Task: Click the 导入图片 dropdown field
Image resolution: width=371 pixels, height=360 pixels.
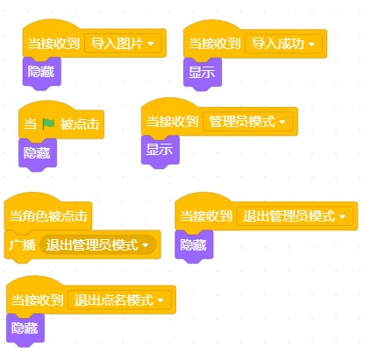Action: pyautogui.click(x=123, y=44)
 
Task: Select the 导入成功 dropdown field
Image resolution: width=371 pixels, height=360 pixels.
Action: pyautogui.click(x=283, y=44)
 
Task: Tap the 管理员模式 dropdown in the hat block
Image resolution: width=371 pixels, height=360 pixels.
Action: pyautogui.click(x=247, y=122)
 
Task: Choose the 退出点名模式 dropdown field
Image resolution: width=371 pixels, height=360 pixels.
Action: pyautogui.click(x=119, y=300)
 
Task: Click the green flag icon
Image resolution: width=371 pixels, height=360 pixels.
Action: pyautogui.click(x=48, y=124)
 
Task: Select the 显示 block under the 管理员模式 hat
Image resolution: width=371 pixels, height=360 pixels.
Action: pyautogui.click(x=160, y=151)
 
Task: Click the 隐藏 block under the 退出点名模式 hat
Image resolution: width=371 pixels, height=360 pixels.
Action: pyautogui.click(x=25, y=329)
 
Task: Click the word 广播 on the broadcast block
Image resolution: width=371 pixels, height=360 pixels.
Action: pyautogui.click(x=22, y=244)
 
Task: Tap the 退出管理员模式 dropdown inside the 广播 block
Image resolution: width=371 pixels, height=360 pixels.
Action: pyautogui.click(x=97, y=244)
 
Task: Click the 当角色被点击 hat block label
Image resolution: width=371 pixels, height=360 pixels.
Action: pyautogui.click(x=48, y=216)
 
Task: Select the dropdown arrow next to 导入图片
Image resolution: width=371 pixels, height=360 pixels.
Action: pyautogui.click(x=151, y=44)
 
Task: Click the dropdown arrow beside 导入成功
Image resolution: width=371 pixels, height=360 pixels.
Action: pyautogui.click(x=311, y=44)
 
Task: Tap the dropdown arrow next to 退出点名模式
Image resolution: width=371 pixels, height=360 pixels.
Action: pyautogui.click(x=161, y=300)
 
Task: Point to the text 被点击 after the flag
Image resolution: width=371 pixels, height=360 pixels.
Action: pyautogui.click(x=80, y=124)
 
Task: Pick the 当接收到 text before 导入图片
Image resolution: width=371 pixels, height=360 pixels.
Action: pyautogui.click(x=54, y=44)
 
